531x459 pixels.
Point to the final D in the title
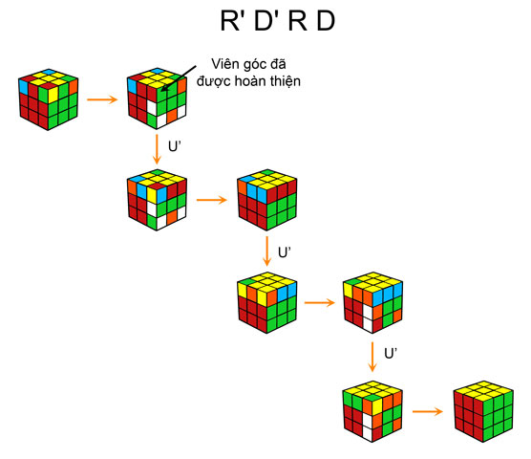pos(325,24)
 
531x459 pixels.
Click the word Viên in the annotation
pos(225,66)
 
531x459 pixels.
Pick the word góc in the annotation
pos(256,67)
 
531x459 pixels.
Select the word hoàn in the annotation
pos(262,82)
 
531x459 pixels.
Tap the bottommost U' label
pos(390,354)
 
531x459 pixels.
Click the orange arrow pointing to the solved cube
pos(427,413)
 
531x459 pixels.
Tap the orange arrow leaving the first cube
pos(100,98)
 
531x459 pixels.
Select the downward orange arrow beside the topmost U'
pos(156,149)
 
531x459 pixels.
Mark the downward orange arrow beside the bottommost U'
pos(372,354)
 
